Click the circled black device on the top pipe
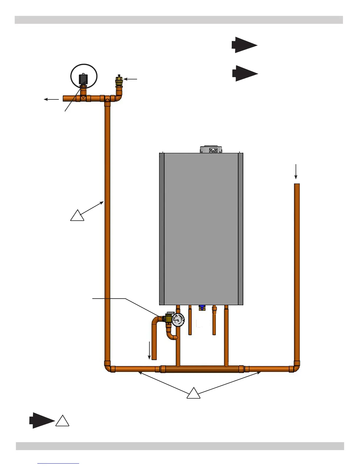click(84, 79)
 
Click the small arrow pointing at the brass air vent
click(130, 79)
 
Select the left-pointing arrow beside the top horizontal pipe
click(51, 99)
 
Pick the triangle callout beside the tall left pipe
click(77, 216)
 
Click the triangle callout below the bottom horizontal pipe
click(193, 394)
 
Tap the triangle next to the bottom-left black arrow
click(62, 421)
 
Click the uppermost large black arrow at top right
click(244, 45)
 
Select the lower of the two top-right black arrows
click(245, 73)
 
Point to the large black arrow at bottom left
click(42, 420)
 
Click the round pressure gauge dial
click(178, 320)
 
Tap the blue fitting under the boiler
click(202, 308)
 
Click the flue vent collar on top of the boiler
click(211, 149)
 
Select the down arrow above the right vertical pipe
click(296, 172)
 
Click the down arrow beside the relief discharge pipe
click(149, 350)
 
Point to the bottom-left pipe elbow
click(109, 367)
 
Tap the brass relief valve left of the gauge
click(168, 319)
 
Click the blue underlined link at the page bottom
click(58, 463)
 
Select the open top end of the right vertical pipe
click(297, 185)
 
